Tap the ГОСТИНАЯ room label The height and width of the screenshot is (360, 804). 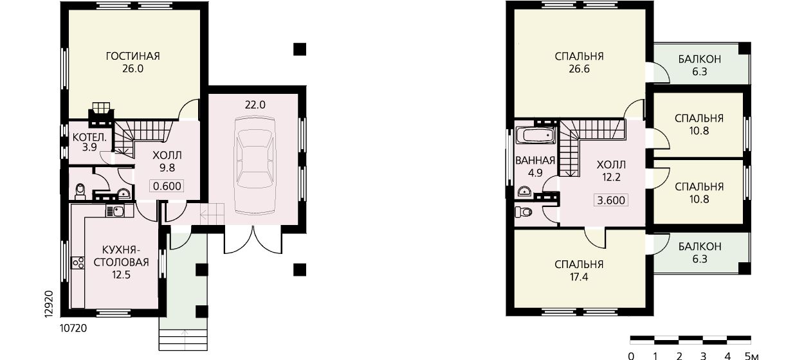click(x=132, y=57)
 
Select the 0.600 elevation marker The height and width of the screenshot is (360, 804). click(x=167, y=186)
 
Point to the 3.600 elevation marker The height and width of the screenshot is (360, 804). click(x=611, y=200)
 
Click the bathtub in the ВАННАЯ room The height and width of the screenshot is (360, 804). click(x=536, y=136)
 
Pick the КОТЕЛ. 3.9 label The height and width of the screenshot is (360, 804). click(x=89, y=142)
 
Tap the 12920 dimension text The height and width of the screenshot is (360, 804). click(x=49, y=303)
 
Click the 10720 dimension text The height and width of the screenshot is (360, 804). click(x=73, y=328)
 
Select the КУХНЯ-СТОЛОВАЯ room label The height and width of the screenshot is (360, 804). click(x=122, y=262)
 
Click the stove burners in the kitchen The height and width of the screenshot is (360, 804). click(x=78, y=263)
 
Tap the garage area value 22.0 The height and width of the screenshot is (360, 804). click(x=255, y=105)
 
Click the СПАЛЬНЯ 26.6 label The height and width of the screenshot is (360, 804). click(x=579, y=62)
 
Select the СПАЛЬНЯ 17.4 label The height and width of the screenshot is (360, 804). click(x=579, y=271)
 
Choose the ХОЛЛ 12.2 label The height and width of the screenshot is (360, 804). click(x=611, y=171)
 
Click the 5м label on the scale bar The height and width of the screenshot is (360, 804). click(x=752, y=355)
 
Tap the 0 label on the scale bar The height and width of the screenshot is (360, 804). click(x=631, y=355)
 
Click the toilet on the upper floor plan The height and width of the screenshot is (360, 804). click(x=523, y=212)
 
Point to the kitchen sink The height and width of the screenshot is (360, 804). click(x=115, y=211)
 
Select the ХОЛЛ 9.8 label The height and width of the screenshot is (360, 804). click(x=167, y=161)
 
